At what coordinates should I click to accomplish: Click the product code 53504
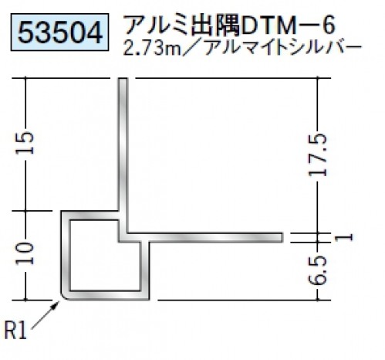point(60,32)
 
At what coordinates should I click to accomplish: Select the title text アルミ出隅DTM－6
point(230,25)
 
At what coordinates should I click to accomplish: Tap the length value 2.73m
point(152,49)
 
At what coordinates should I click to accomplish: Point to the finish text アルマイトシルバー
point(283,48)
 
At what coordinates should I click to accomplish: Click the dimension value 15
point(25,143)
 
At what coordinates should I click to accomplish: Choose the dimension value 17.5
point(318,155)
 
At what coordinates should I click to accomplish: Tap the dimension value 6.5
point(318,270)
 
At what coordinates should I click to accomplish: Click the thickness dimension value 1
point(344,237)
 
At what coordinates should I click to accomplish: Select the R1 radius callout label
point(16,331)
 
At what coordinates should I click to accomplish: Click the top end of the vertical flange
point(123,79)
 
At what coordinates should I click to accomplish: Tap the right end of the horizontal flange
point(282,237)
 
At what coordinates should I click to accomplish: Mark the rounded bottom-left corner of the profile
point(63,297)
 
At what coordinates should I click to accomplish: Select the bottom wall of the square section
point(106,296)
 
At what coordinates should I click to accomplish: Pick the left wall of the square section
point(66,255)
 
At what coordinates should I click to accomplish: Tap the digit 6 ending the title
point(329,25)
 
